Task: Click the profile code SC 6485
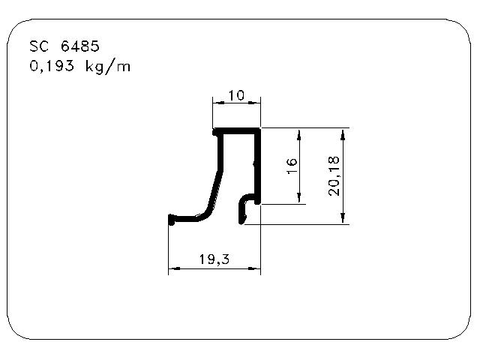tap(64, 46)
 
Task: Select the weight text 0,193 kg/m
tap(80, 67)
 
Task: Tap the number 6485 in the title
tap(80, 46)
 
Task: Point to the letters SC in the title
tap(39, 46)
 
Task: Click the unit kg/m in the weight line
tap(108, 67)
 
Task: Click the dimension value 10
tap(237, 95)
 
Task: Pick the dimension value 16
tap(292, 166)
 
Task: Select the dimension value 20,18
tap(334, 175)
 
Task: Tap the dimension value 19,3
tap(214, 259)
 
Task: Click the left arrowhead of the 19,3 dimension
tap(174, 268)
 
